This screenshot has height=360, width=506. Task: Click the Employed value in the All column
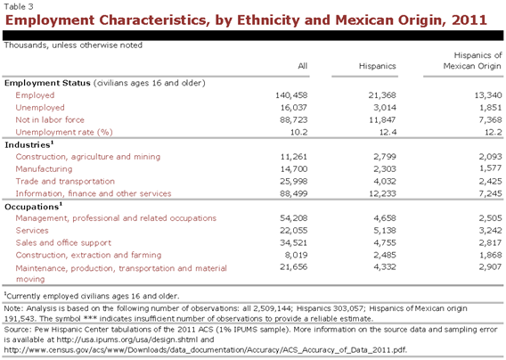[x=291, y=95]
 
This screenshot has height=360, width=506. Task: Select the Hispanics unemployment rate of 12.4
[x=388, y=132]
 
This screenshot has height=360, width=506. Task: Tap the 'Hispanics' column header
[x=377, y=66]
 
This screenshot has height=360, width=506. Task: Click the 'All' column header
[x=302, y=66]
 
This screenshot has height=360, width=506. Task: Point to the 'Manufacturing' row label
[x=44, y=168]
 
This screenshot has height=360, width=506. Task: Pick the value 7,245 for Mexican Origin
[x=490, y=193]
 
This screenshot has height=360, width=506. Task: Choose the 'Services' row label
[x=32, y=231]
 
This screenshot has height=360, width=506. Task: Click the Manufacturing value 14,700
[x=294, y=168]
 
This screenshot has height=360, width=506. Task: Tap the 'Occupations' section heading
[x=33, y=207]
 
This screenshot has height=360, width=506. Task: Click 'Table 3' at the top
[x=19, y=6]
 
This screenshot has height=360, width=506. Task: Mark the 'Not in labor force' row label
[x=50, y=119]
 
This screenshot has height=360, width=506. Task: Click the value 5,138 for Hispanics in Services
[x=385, y=231]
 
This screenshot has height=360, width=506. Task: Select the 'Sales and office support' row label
[x=63, y=242]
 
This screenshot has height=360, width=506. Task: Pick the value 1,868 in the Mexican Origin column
[x=490, y=255]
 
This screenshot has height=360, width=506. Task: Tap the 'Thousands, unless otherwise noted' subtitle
[x=73, y=45]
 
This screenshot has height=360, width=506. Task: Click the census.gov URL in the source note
[x=206, y=350]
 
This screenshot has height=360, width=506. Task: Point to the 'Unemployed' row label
[x=40, y=108]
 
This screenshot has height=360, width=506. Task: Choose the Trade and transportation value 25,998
[x=294, y=181]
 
